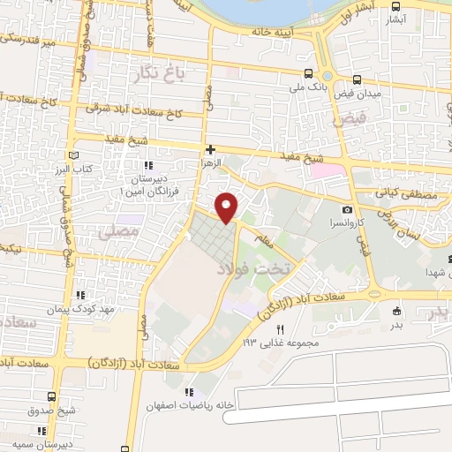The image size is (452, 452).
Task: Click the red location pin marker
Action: (227, 207)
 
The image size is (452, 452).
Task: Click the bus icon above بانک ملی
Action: (307, 74)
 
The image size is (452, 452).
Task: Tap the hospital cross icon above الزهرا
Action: (209, 149)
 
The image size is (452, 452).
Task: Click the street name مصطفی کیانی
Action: (399, 192)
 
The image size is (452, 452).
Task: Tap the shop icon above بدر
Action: (396, 310)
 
